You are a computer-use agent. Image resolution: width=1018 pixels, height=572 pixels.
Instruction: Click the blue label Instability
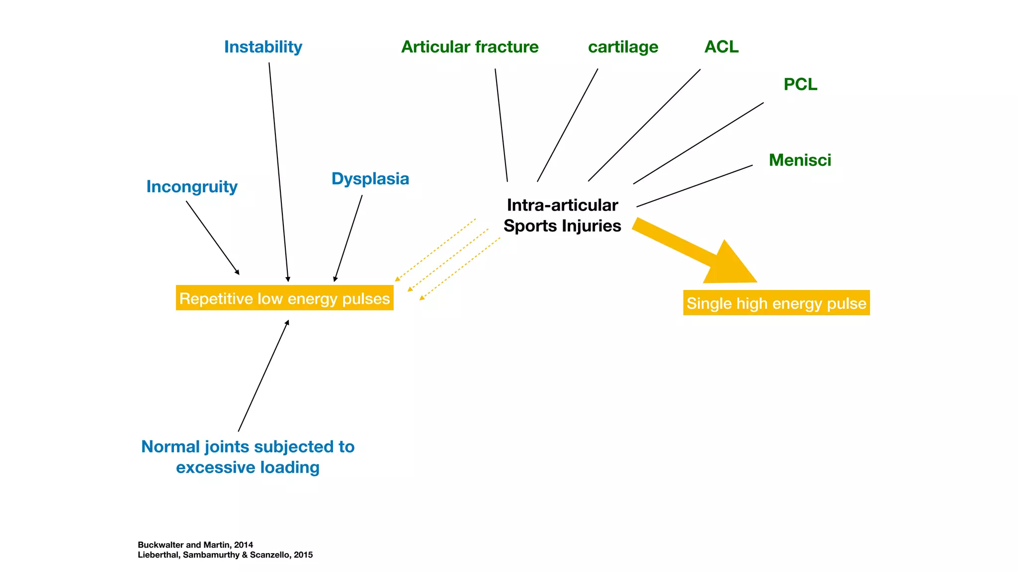point(263,47)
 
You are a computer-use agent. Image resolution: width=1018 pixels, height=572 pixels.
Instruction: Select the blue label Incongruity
point(192,187)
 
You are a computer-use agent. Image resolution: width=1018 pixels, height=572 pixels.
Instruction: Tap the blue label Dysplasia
point(370,179)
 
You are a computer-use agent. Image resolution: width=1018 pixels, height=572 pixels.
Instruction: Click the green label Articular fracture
point(470,47)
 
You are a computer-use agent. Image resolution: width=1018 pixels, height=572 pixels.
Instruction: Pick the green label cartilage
point(623,47)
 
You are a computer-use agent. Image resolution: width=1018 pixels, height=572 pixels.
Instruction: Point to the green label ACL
point(721,47)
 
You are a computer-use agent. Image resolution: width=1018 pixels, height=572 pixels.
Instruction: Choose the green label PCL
point(800,84)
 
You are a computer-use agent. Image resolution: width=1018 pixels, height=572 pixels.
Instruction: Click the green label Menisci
point(800,160)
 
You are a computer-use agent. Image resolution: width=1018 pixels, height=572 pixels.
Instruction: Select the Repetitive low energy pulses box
point(284,298)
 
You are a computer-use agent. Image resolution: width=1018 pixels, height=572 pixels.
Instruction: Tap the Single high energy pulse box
point(776,303)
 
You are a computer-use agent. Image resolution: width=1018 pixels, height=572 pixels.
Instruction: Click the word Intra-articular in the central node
point(562,205)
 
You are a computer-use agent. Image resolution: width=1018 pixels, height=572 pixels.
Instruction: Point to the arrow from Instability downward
point(279,172)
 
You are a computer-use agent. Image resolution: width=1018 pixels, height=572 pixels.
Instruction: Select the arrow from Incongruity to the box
point(213,237)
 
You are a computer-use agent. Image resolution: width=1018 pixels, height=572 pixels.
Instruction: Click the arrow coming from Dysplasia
point(348,238)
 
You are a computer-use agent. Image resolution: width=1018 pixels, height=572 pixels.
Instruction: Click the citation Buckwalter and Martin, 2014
point(195,545)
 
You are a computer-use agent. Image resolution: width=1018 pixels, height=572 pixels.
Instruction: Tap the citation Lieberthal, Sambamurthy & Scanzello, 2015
point(225,555)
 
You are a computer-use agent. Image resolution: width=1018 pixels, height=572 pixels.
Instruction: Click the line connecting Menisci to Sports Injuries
point(694,186)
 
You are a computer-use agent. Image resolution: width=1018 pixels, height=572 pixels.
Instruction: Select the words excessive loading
point(248,468)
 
